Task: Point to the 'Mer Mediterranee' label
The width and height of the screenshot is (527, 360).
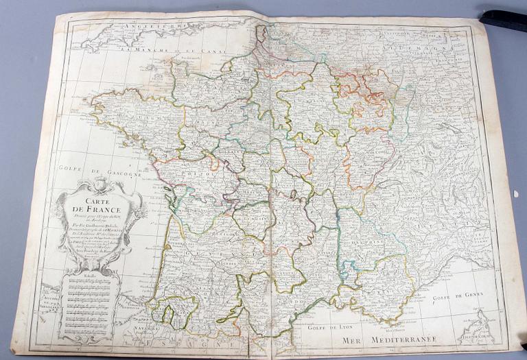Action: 388,338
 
